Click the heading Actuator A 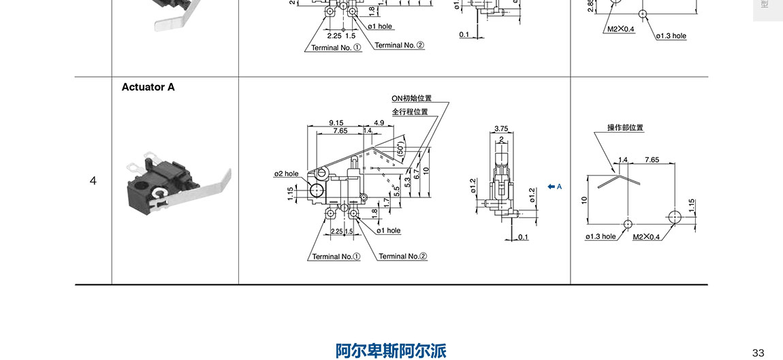(x=148, y=87)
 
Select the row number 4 (x=93, y=180)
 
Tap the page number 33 (x=758, y=352)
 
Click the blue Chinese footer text (x=391, y=350)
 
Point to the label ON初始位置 (x=411, y=99)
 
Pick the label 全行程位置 (x=410, y=112)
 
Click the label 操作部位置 (x=625, y=127)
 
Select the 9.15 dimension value (x=336, y=122)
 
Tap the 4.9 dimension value (x=379, y=122)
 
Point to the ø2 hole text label (x=286, y=174)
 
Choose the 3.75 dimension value (x=501, y=128)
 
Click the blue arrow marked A (x=554, y=186)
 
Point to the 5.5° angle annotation (x=395, y=193)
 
